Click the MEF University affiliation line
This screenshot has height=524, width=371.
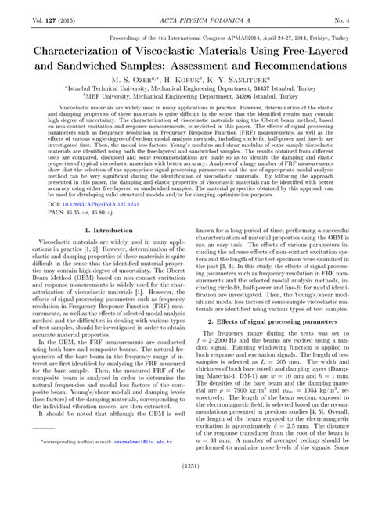185,99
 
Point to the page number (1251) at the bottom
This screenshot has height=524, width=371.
185,509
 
